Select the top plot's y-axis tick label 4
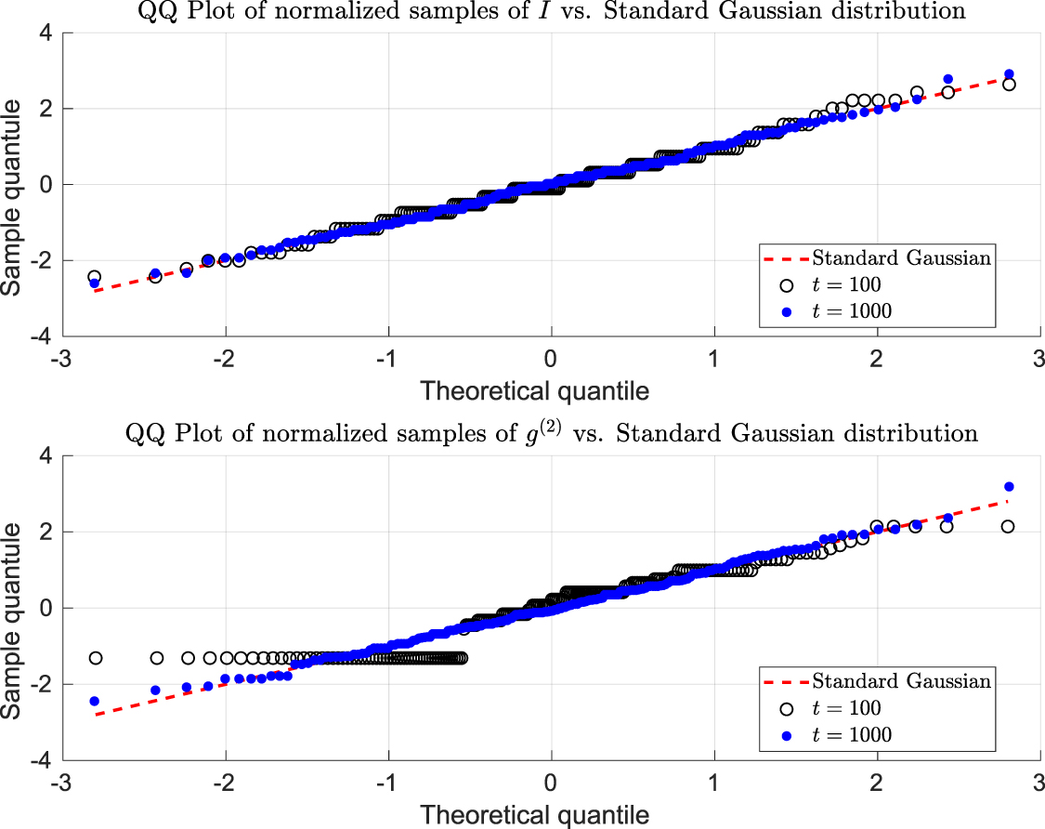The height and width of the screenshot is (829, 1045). tap(44, 33)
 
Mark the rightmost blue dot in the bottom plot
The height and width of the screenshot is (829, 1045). tap(1009, 487)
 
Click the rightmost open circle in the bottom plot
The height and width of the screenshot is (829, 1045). tap(1008, 526)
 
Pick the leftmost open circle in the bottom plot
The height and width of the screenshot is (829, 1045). tap(94, 658)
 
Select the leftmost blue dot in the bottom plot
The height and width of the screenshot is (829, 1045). tap(94, 701)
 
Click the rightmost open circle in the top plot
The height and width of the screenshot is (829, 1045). tap(1009, 84)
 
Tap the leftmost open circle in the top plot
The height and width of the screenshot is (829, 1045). tap(94, 277)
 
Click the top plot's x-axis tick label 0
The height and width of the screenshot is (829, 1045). tap(552, 359)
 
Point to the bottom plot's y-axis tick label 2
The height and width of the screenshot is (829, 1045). tap(44, 533)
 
